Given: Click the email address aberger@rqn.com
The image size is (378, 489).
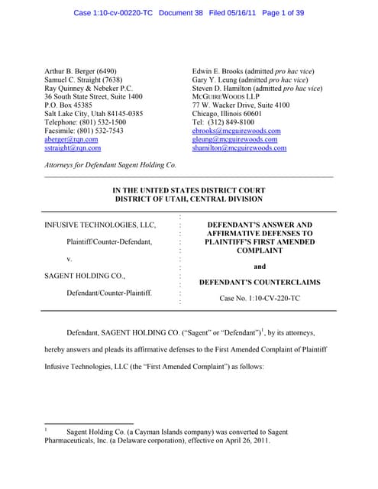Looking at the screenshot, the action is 71,139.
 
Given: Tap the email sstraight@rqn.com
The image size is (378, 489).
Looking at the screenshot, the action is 73,148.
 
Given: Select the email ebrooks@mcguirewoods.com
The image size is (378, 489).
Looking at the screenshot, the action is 236,130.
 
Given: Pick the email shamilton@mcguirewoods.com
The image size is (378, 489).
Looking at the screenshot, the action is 239,148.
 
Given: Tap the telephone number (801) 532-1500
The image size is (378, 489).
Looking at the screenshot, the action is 102,122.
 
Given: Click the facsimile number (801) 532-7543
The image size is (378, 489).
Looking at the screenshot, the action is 102,131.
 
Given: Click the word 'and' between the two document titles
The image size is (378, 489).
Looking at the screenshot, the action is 260,267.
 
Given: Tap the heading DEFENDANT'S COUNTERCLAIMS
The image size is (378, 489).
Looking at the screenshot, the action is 260,283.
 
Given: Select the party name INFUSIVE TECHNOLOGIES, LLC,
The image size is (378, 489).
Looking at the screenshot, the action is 100,225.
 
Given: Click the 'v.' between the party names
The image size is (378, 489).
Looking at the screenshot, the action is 70,259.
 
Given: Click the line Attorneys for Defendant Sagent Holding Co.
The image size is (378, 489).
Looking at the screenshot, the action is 111,165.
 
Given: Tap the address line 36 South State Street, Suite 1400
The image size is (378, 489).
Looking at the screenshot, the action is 93,97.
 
